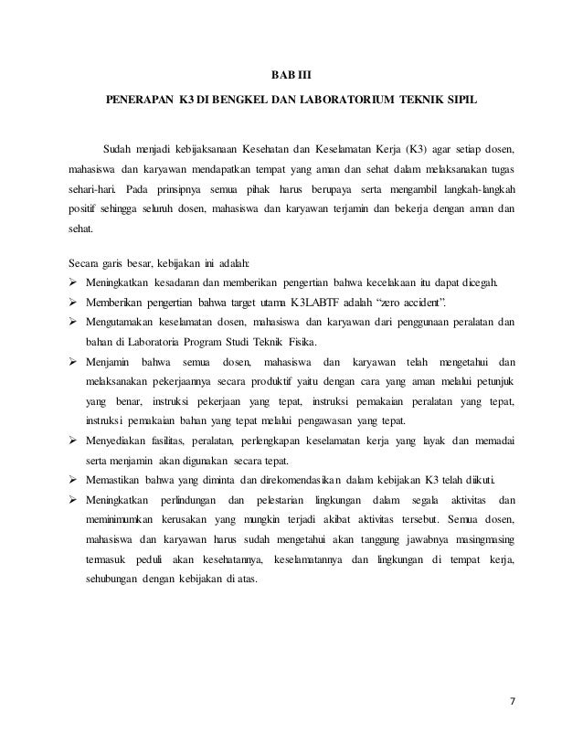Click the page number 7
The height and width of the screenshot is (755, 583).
click(x=513, y=702)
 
